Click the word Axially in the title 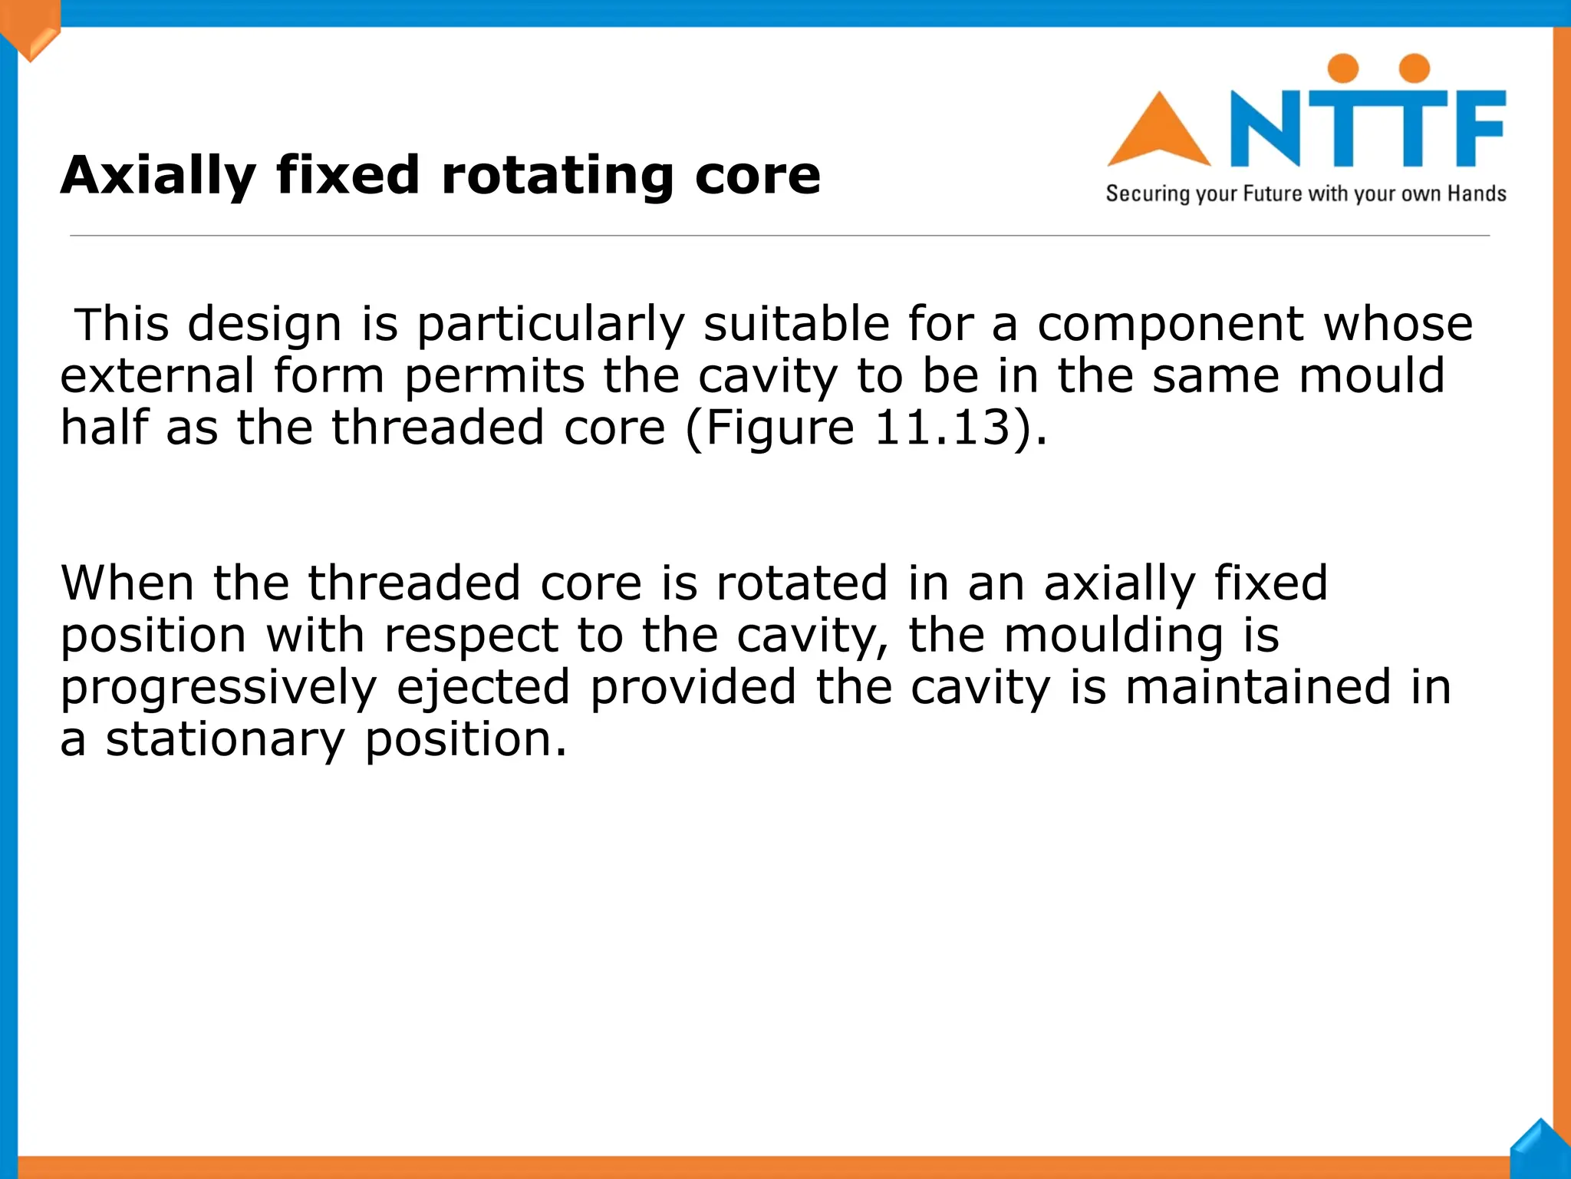coord(157,177)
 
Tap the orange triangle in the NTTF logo coord(1158,132)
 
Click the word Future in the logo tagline coord(1273,193)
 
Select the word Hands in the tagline coord(1477,193)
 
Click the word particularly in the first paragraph coord(550,325)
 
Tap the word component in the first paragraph coord(1170,325)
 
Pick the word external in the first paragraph coord(157,376)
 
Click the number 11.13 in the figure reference coord(943,428)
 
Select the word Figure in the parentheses coord(779,428)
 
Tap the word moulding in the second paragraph coord(1113,636)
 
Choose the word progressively coord(219,688)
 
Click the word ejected coord(483,688)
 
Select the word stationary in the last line coord(226,740)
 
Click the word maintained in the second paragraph coord(1258,688)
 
